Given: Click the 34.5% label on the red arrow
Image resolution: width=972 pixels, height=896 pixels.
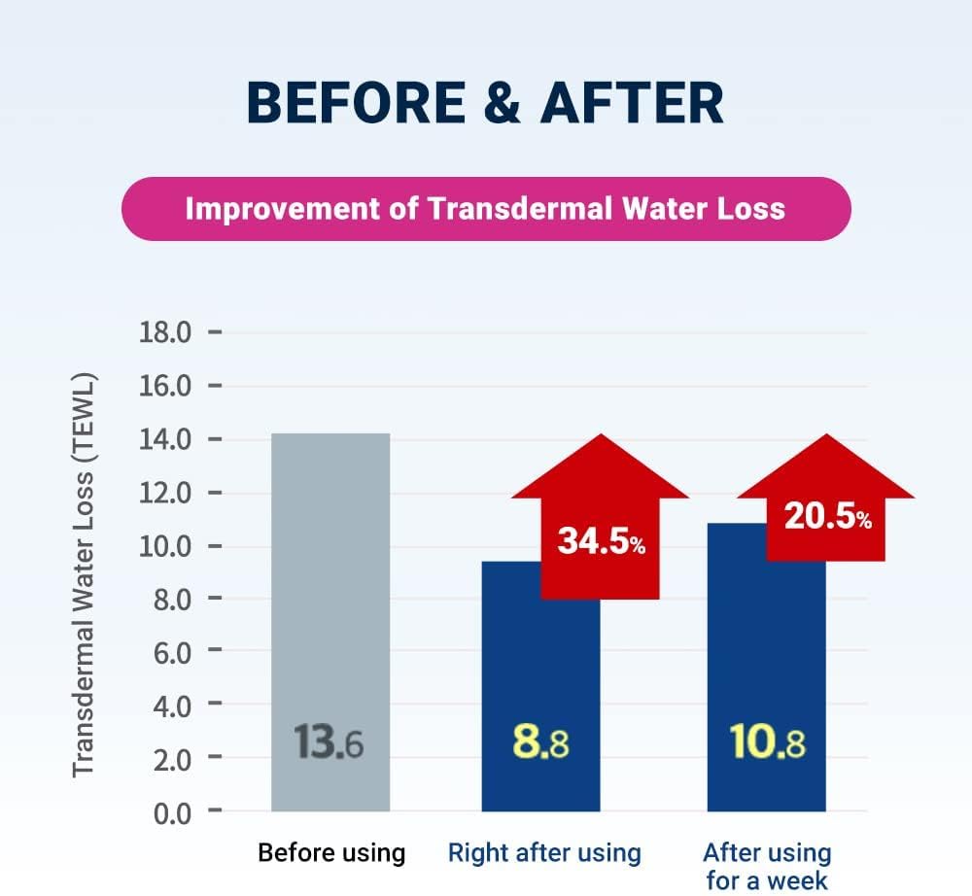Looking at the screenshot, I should tap(601, 541).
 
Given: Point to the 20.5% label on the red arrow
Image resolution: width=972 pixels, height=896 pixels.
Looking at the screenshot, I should tap(827, 518).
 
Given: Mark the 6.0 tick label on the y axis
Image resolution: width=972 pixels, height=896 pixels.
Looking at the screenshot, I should tap(169, 651).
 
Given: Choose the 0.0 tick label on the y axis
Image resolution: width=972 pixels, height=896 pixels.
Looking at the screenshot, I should tap(169, 810).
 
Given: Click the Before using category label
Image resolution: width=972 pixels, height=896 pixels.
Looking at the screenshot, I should tap(330, 853).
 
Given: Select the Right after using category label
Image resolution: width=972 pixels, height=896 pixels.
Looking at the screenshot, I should tap(544, 853).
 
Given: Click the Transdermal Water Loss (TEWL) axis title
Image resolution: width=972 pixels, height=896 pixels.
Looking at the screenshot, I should tap(85, 573).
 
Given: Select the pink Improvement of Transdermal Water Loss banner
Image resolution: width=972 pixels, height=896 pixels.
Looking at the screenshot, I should tap(485, 209).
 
